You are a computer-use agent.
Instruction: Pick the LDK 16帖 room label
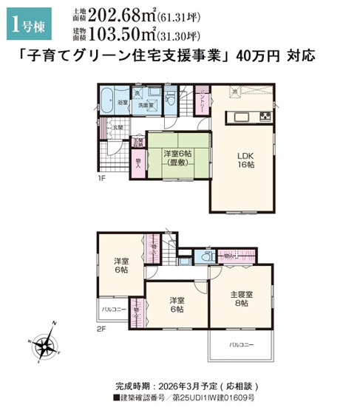coord(245,161)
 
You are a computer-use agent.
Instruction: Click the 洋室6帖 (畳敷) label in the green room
coord(177,158)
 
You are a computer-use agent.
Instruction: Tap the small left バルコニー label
coord(111,310)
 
